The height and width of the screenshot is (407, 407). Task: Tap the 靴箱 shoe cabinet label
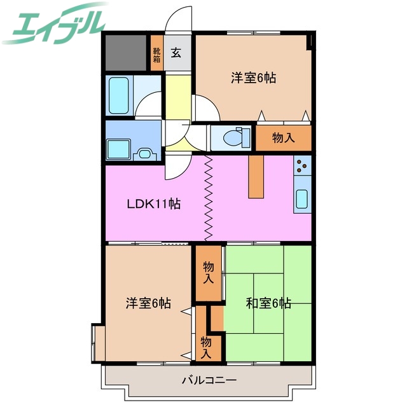click(x=156, y=55)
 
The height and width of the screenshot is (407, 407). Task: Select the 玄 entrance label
click(x=176, y=53)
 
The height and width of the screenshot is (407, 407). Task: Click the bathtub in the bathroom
click(x=119, y=94)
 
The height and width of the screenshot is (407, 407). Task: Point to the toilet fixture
click(x=233, y=137)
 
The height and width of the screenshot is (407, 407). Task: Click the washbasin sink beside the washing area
click(x=145, y=153)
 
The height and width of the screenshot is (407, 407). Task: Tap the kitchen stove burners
click(x=303, y=169)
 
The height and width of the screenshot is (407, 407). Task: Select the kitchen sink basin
click(x=302, y=200)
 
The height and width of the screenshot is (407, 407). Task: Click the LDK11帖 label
click(x=153, y=204)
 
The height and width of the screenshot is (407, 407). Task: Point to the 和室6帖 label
click(x=268, y=303)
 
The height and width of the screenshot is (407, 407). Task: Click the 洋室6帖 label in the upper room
click(x=253, y=79)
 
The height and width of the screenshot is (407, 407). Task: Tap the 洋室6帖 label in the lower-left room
click(x=148, y=303)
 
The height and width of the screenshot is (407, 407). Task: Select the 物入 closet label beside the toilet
click(x=283, y=138)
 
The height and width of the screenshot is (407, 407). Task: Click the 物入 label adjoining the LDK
click(x=209, y=272)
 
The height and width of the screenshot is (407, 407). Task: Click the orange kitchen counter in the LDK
click(x=255, y=177)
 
